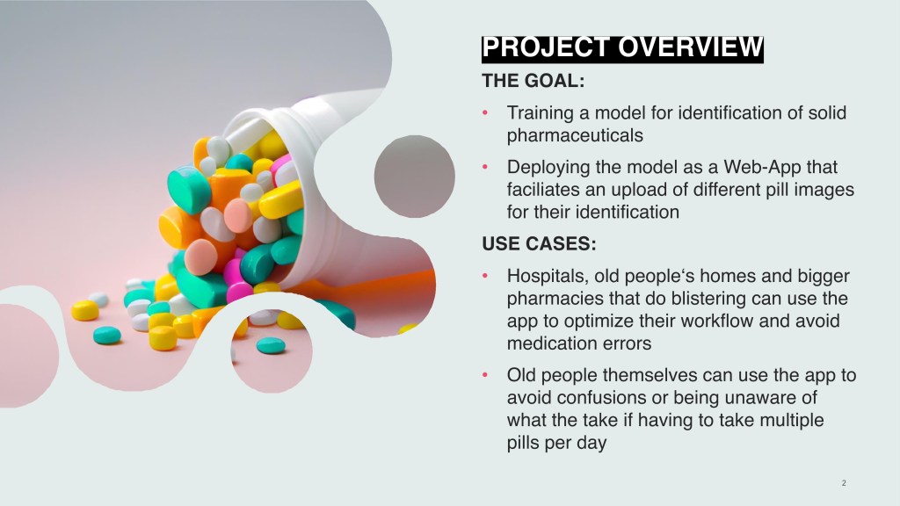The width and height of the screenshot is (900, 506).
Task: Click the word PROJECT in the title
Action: point(546,48)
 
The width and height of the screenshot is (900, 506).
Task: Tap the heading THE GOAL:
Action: point(533,81)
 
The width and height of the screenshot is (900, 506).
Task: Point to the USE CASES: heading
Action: point(539,244)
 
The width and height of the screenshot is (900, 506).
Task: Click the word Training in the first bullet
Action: point(541,113)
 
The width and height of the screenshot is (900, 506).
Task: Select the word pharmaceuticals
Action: point(575,136)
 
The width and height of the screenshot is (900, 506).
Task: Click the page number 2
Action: point(844,483)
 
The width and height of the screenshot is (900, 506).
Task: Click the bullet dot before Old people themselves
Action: point(485,375)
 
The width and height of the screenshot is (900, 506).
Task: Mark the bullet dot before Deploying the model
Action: point(485,168)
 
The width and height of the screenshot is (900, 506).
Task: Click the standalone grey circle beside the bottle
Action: point(415,177)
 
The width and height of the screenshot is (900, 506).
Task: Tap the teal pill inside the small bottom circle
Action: point(271,345)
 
